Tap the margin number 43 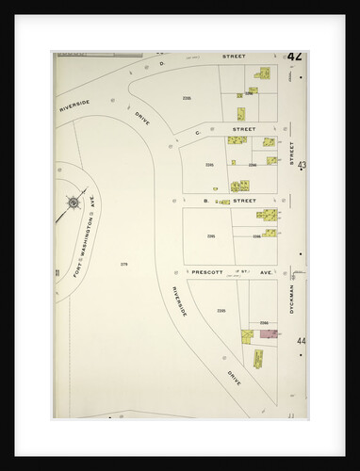pos(302,165)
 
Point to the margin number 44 pos(302,340)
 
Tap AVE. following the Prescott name pos(266,271)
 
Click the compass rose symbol pos(73,202)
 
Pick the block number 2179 pos(123,264)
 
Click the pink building pos(268,333)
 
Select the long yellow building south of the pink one pos(258,359)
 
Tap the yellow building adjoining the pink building pos(249,333)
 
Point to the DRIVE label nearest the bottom pos(233,375)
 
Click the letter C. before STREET pos(196,128)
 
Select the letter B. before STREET pos(205,201)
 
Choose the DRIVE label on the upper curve pos(141,122)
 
